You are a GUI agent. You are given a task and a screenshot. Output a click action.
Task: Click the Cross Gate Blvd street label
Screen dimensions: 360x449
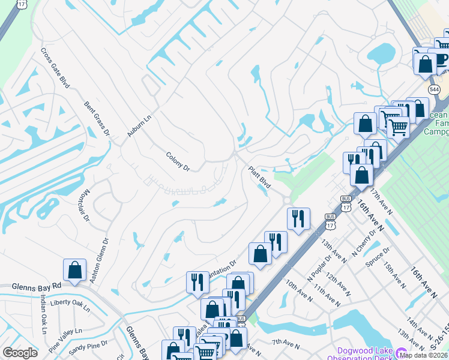click(x=55, y=68)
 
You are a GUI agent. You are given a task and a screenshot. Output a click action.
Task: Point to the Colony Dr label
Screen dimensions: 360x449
click(x=178, y=160)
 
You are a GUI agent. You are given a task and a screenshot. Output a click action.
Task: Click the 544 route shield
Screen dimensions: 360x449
click(x=435, y=89)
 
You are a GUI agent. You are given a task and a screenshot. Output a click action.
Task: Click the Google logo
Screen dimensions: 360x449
click(x=20, y=352)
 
